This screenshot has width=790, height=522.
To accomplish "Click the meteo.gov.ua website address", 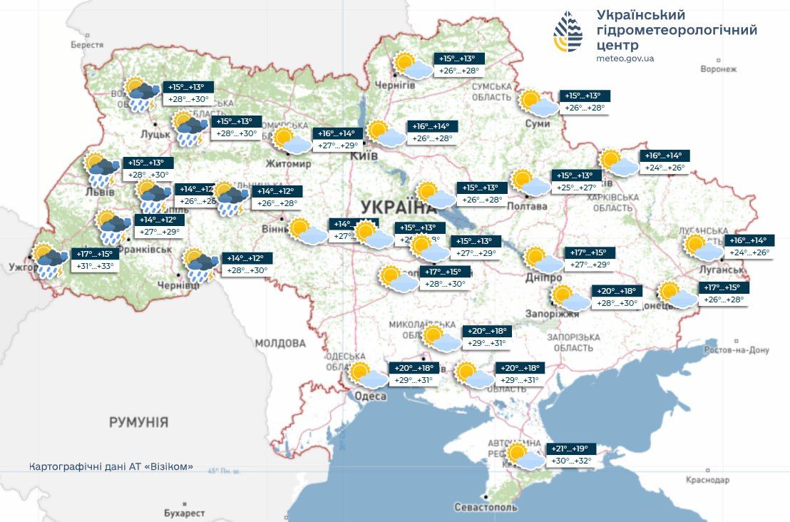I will (x=625, y=58).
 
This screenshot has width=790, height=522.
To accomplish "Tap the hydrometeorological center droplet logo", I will (x=568, y=33).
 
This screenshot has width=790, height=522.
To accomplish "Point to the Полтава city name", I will (x=528, y=206).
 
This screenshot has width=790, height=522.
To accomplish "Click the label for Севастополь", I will (x=486, y=507).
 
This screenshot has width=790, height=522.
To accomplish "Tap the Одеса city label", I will (x=371, y=396).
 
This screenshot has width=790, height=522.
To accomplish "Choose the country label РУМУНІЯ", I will (x=138, y=422).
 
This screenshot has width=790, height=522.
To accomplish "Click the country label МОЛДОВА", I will (x=280, y=343).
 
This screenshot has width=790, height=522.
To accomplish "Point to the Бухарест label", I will (x=184, y=513).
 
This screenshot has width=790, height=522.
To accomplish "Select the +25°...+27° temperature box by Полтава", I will (x=577, y=188).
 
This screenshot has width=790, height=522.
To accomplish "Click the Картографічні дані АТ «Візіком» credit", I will (x=111, y=466).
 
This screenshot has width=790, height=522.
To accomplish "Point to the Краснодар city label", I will (x=708, y=480).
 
